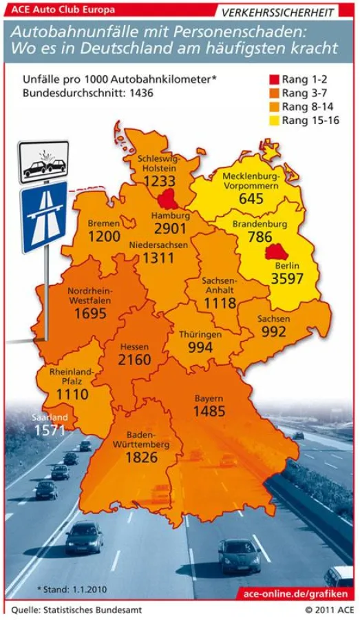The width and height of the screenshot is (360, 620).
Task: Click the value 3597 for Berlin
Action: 286,279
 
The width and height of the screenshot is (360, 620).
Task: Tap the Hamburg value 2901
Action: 170,229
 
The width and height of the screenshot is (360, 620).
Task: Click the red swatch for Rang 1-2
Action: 272,80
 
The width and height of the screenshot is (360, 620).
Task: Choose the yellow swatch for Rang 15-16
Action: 272,119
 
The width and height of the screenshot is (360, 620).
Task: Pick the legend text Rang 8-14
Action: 305,106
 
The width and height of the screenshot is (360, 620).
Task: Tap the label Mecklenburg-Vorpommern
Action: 250,181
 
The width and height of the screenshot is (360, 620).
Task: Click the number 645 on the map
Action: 251,199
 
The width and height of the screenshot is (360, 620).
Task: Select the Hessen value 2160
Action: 134,360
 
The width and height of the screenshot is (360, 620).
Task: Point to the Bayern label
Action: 209,398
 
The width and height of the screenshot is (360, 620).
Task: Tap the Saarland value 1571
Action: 49,431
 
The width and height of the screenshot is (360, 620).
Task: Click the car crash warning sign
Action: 43,163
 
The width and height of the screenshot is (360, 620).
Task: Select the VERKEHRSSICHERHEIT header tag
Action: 278,12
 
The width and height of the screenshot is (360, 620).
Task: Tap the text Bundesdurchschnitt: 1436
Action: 88,93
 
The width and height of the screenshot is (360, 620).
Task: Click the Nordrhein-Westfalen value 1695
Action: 91,313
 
